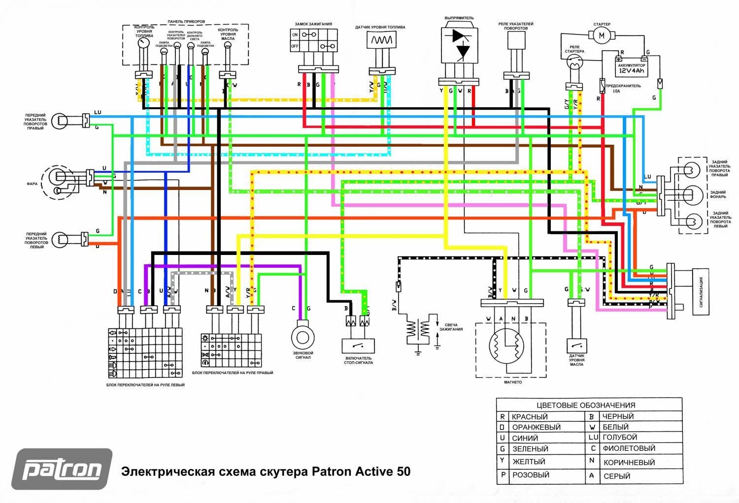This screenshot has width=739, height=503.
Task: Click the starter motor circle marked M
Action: coord(601,35)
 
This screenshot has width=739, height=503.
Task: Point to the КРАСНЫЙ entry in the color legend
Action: coord(530,417)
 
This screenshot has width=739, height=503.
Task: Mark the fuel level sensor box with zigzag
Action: coord(381,40)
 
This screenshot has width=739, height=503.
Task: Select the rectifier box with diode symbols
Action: coord(459,44)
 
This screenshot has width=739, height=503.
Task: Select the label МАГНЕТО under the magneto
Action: coord(513,382)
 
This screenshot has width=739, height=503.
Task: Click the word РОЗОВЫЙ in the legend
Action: coord(530,475)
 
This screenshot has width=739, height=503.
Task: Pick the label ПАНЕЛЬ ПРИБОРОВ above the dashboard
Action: coord(186,22)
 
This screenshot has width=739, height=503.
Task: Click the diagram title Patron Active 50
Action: coord(266,472)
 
